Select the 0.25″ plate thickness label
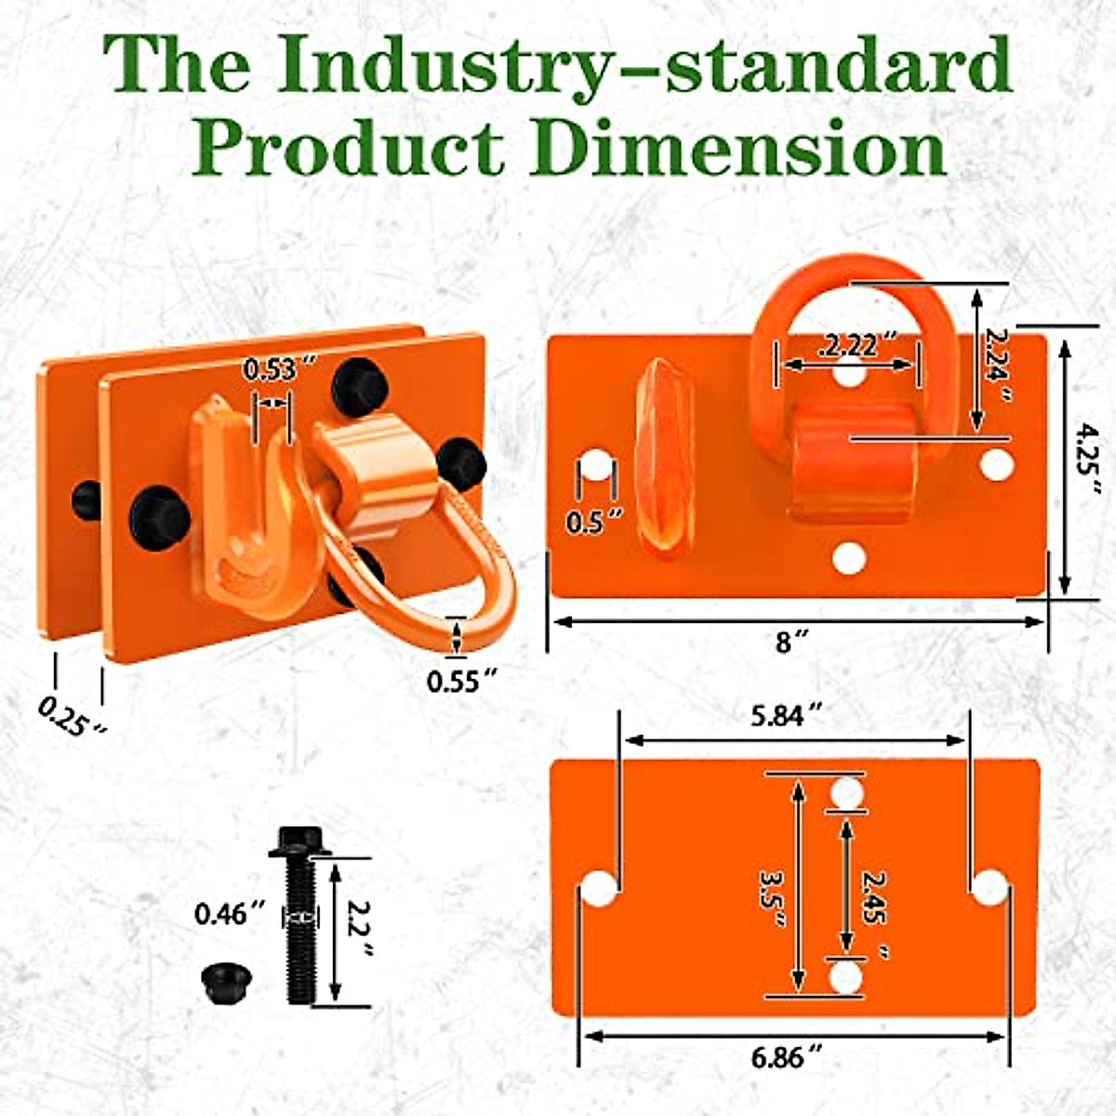tap(73, 715)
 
